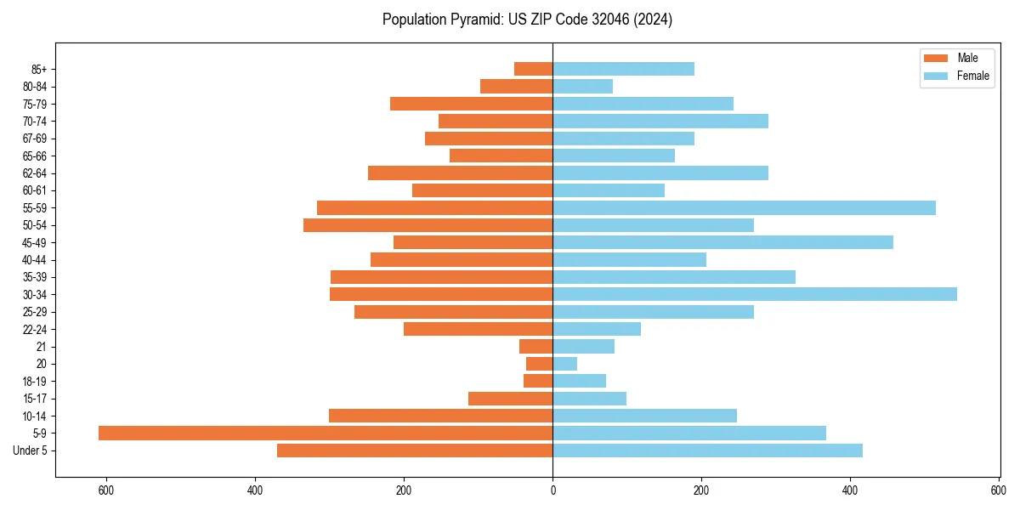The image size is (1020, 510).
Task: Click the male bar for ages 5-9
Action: click(326, 433)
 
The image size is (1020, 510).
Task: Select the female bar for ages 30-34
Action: click(755, 294)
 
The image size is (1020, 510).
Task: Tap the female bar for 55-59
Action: click(744, 208)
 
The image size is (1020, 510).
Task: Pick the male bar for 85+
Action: click(534, 69)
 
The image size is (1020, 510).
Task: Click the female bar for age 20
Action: click(565, 364)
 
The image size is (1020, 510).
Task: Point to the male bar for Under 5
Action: click(415, 450)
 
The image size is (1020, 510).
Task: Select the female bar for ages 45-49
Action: click(722, 242)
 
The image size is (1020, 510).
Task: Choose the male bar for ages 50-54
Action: click(428, 225)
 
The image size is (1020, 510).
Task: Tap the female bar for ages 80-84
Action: click(583, 87)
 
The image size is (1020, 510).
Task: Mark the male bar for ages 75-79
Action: click(472, 104)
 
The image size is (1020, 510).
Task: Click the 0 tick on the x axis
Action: click(552, 490)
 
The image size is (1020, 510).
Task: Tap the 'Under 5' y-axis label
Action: click(31, 450)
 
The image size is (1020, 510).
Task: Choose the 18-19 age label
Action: click(34, 382)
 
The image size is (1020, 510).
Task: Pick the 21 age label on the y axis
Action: click(41, 347)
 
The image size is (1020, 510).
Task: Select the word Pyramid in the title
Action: click(475, 20)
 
